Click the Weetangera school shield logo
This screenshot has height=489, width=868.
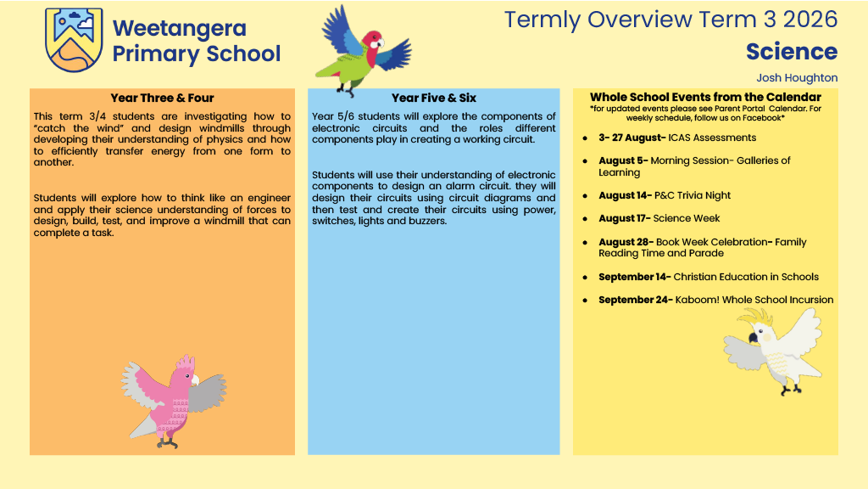click(x=74, y=39)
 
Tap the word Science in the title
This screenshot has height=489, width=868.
click(x=792, y=52)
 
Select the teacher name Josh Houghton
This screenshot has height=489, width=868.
click(x=797, y=77)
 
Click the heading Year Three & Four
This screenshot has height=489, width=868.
click(x=162, y=98)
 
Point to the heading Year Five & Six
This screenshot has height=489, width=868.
click(x=434, y=98)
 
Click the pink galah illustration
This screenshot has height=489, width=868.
click(x=173, y=402)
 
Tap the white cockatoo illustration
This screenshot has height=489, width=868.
click(x=773, y=351)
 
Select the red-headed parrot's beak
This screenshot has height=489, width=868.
click(x=380, y=43)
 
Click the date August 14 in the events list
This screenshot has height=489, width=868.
click(x=625, y=195)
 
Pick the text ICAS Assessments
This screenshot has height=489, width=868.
click(x=712, y=138)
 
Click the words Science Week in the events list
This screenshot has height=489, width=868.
click(x=687, y=218)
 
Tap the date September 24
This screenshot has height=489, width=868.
click(x=635, y=300)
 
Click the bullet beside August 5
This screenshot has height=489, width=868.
click(x=585, y=161)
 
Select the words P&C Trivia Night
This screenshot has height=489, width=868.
click(x=693, y=195)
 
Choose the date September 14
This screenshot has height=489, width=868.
click(x=634, y=277)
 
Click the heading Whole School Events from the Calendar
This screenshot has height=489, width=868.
click(x=705, y=97)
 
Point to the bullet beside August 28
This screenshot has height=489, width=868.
click(x=585, y=243)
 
